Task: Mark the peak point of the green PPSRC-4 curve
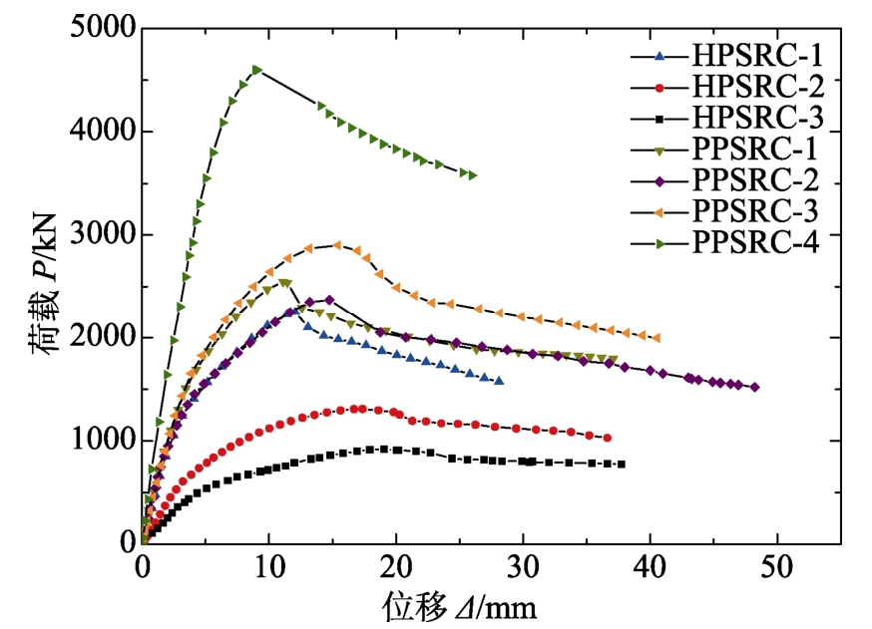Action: point(257,70)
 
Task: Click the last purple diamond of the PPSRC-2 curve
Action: point(754,387)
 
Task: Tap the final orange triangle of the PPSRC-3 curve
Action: point(656,338)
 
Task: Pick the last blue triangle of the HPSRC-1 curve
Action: point(499,381)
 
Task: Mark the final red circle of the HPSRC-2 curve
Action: point(607,438)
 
